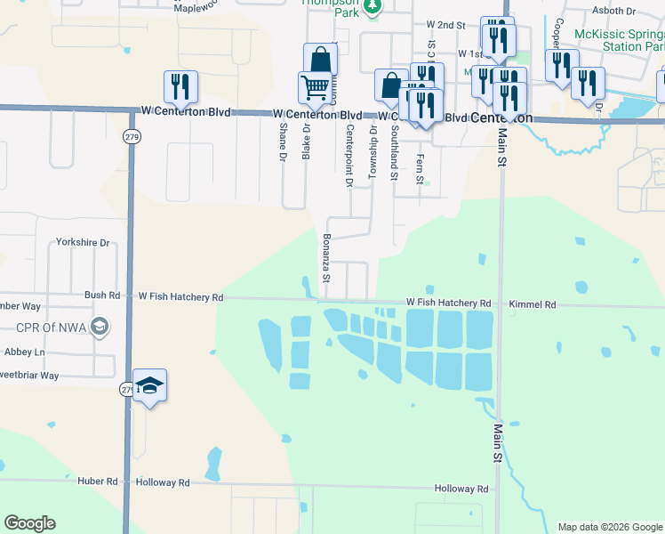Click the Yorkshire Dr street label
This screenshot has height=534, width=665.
[82, 242]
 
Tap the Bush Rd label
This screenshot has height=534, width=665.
[102, 295]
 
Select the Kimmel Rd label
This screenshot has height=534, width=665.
[533, 304]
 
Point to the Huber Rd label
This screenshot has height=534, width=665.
[99, 481]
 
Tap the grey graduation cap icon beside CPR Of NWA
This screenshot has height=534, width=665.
[100, 326]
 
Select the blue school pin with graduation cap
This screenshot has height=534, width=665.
[150, 386]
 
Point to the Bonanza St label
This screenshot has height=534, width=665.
[325, 257]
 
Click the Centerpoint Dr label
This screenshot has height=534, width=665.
[349, 156]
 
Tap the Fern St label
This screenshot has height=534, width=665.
[420, 168]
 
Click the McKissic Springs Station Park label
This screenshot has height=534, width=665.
[620, 39]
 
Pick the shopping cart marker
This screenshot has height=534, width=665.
[314, 88]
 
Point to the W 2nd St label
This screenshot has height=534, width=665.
[445, 26]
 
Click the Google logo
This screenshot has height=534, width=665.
[29, 523]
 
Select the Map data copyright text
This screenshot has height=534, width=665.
[610, 527]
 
